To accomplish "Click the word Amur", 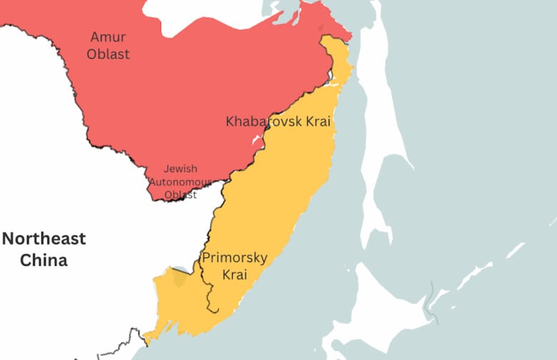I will [109, 36].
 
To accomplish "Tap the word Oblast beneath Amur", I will [109, 54].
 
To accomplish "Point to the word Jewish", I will [180, 169].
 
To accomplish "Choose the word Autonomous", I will [180, 182].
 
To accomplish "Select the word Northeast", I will [44, 239].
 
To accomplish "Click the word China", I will [44, 260].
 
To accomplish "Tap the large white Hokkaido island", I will [386, 307].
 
